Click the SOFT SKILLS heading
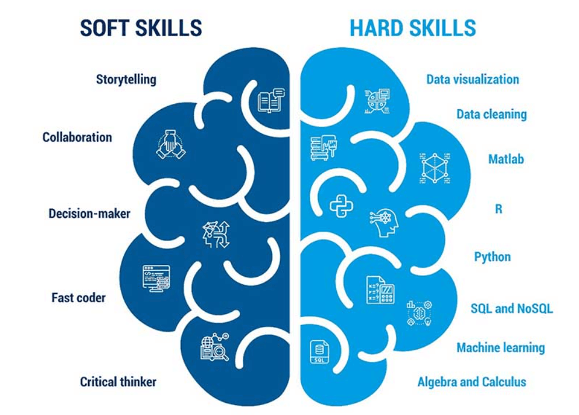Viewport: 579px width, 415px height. coord(141,27)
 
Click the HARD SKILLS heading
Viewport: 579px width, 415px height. coord(413,27)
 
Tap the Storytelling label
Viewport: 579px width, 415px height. coord(126,79)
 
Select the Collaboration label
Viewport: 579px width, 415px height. coord(77,137)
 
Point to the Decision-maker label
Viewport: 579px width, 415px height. coord(89,214)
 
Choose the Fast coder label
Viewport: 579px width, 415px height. coord(78,298)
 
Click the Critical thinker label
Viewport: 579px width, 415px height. coord(118,382)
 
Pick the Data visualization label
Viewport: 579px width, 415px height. coord(472,79)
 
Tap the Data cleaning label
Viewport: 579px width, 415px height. coord(491,114)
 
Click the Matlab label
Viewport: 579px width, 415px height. coord(506,159)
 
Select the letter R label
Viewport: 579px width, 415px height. coord(498,208)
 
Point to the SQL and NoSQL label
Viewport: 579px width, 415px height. coord(511,308)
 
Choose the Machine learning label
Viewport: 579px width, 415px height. coord(500,348)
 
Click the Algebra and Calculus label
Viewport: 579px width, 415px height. coord(472,382)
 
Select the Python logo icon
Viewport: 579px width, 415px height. coord(341,205)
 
